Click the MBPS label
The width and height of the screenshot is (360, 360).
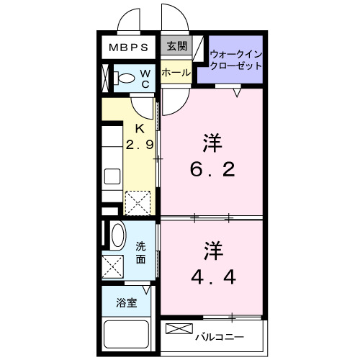point(129,48)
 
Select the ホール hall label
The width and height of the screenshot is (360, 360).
point(176,72)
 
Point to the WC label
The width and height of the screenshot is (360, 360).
point(144,78)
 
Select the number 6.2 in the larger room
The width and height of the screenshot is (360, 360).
point(212,171)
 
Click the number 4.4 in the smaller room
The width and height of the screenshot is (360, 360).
point(212,276)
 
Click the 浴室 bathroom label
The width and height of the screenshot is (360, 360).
point(127,302)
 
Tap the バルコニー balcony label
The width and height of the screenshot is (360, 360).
point(220,336)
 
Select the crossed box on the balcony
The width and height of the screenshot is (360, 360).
point(176,329)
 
